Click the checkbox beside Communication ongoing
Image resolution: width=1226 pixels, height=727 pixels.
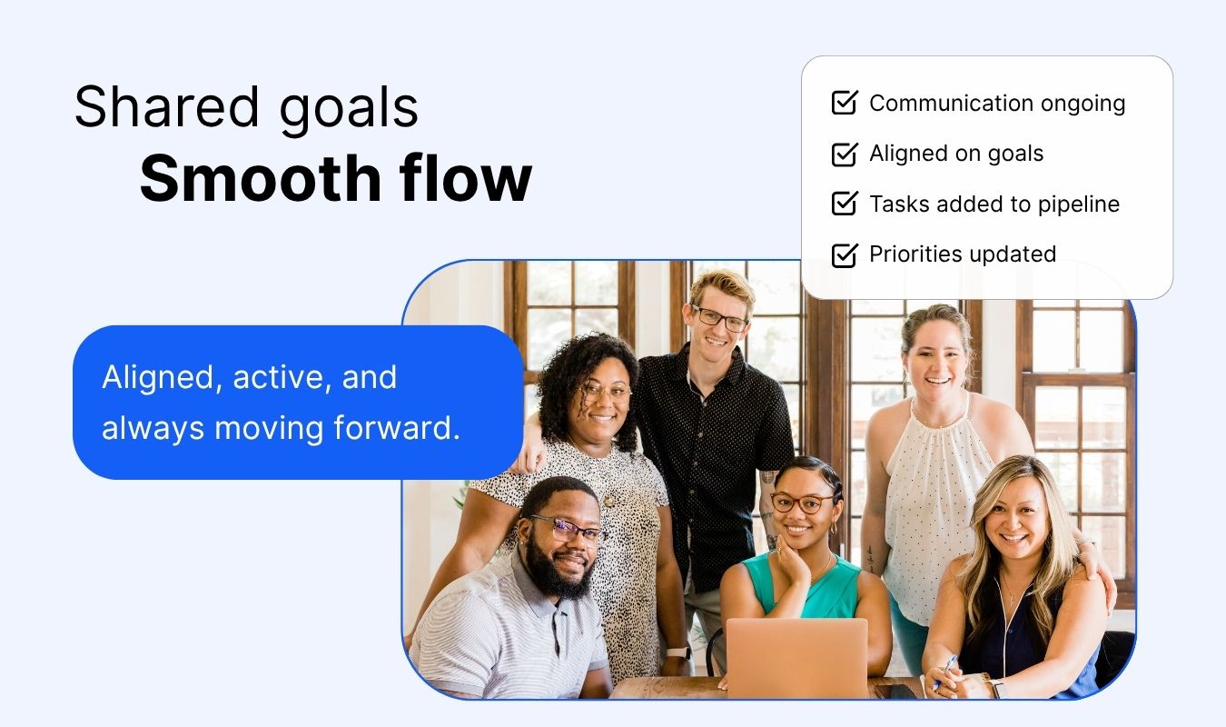click(x=845, y=103)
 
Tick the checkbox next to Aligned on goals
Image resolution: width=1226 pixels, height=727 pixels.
click(x=845, y=154)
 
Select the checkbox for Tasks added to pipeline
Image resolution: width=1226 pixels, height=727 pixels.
click(x=845, y=204)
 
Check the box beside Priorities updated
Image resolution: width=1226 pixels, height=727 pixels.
click(x=845, y=254)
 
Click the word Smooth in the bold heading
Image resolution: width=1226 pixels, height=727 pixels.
click(x=261, y=178)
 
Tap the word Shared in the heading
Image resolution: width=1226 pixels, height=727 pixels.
click(x=166, y=106)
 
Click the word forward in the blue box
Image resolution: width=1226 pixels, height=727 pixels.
click(x=396, y=427)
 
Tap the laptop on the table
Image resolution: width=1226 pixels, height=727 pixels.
click(x=797, y=658)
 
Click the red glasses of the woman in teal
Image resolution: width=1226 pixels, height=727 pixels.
click(x=803, y=503)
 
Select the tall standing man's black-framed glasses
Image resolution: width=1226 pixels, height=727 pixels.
click(x=720, y=319)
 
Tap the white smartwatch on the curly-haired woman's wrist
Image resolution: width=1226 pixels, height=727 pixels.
click(x=677, y=653)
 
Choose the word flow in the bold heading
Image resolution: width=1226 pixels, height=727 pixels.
click(x=466, y=178)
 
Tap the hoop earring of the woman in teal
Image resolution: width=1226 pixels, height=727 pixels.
click(x=834, y=528)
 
